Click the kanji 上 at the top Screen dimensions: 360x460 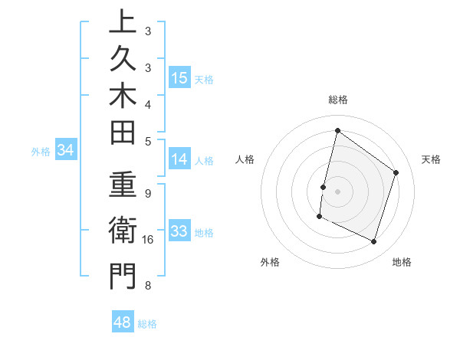pyautogui.click(x=123, y=23)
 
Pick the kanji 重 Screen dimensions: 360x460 pyautogui.click(x=123, y=187)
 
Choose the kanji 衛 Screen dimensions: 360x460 pyautogui.click(x=123, y=231)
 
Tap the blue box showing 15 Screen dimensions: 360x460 pyautogui.click(x=179, y=77)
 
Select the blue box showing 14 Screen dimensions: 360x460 pyautogui.click(x=179, y=159)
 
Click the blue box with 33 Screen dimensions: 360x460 pyautogui.click(x=179, y=231)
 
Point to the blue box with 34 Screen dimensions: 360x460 pyautogui.click(x=66, y=150)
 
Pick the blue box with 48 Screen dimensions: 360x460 pyautogui.click(x=123, y=322)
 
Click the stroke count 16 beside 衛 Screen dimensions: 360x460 pyautogui.click(x=149, y=240)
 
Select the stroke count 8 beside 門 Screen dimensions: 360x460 pyautogui.click(x=148, y=286)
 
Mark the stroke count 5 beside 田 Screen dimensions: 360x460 pyautogui.click(x=148, y=141)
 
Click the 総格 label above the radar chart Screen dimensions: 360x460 pyautogui.click(x=338, y=100)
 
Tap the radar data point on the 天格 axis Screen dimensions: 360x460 pyautogui.click(x=396, y=172)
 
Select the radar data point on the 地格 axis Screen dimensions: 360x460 pyautogui.click(x=374, y=242)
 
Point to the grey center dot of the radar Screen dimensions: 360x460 pyautogui.click(x=337, y=191)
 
